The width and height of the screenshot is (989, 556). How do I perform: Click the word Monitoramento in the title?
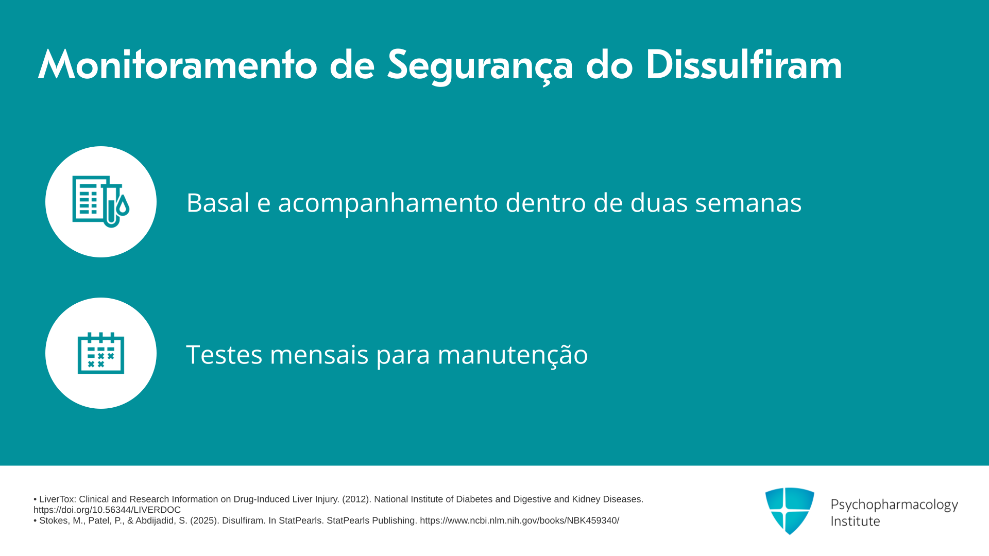(x=178, y=65)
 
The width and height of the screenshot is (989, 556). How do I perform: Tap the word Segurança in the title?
(x=480, y=66)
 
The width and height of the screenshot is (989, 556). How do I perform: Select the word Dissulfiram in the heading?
(x=743, y=65)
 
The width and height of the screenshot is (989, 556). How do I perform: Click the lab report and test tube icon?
(x=101, y=202)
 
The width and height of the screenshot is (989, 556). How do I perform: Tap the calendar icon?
(x=101, y=353)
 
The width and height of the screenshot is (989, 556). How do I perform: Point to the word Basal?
(x=218, y=202)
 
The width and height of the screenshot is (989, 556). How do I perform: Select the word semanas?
(x=748, y=203)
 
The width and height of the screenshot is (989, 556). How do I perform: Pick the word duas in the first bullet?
(x=659, y=202)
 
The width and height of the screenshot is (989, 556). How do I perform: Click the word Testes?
(x=224, y=354)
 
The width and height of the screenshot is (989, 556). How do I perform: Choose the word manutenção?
(x=513, y=355)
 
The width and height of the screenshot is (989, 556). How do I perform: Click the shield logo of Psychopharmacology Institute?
(x=790, y=511)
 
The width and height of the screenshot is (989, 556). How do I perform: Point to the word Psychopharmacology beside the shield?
(x=894, y=505)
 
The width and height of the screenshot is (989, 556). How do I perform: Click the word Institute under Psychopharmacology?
(x=855, y=521)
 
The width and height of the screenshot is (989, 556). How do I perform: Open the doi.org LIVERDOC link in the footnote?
(x=107, y=510)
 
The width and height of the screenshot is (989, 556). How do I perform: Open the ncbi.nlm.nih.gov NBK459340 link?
(x=519, y=520)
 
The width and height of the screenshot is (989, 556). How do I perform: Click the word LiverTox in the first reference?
(x=57, y=499)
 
